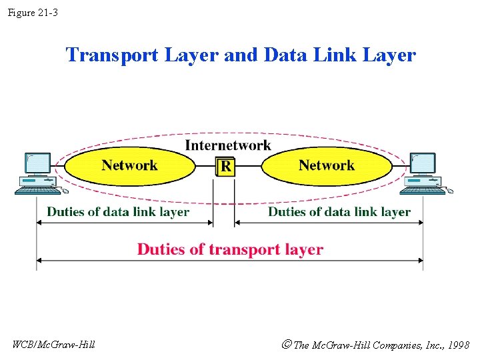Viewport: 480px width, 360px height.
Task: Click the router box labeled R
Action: click(226, 166)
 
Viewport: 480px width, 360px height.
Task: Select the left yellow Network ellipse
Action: click(129, 166)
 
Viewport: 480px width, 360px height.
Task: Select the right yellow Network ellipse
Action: click(326, 166)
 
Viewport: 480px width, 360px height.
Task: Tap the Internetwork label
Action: click(228, 145)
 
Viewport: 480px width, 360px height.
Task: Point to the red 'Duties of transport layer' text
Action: click(230, 249)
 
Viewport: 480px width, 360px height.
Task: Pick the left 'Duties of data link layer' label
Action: click(118, 212)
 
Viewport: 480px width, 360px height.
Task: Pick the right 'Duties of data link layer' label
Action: click(339, 212)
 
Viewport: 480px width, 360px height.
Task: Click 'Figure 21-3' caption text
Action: click(33, 12)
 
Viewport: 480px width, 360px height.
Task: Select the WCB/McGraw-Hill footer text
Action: click(53, 345)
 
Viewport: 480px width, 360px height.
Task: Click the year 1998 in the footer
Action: click(458, 345)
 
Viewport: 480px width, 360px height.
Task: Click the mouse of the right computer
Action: click(450, 191)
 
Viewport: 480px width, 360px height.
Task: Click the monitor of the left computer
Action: click(37, 163)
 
